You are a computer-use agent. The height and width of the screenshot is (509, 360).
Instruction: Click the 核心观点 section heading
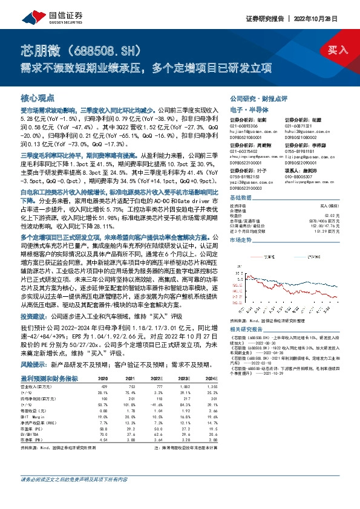coord(38,97)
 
